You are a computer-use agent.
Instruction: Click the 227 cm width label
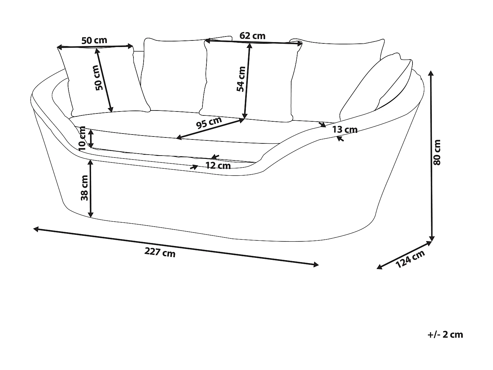click(x=160, y=253)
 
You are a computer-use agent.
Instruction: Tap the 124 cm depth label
click(x=411, y=259)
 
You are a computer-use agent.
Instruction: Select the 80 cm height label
click(x=437, y=152)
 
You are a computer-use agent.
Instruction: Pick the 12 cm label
click(x=218, y=165)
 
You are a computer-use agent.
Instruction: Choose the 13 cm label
click(x=344, y=130)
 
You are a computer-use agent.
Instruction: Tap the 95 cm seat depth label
click(x=209, y=123)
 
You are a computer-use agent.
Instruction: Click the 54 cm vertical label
click(x=241, y=79)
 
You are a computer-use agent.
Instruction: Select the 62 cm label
click(x=252, y=36)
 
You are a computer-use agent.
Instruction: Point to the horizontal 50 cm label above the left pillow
click(x=94, y=40)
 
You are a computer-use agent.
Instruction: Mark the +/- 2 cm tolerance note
click(x=445, y=335)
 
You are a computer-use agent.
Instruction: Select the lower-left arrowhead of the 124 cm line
click(x=379, y=267)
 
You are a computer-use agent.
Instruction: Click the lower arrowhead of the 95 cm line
click(x=178, y=138)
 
